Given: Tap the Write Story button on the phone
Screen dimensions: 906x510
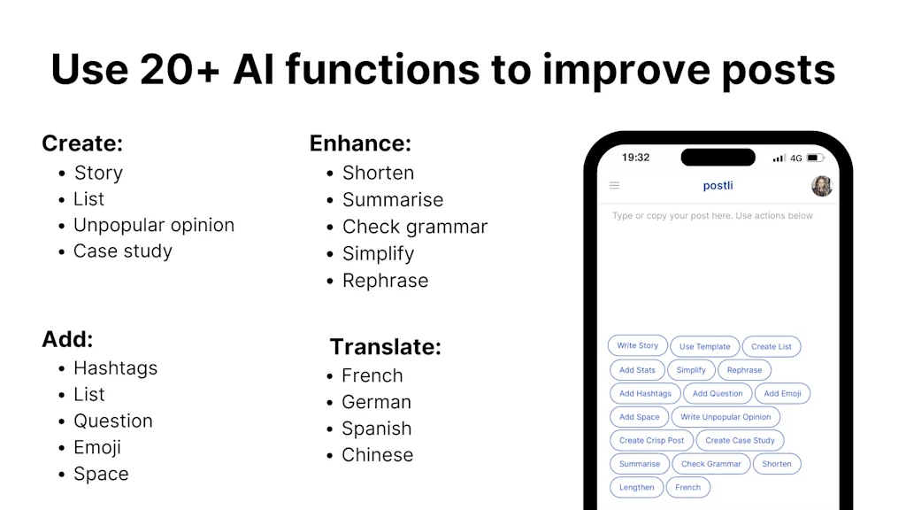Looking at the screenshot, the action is [x=637, y=346].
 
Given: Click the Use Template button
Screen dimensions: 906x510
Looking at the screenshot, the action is [x=704, y=346].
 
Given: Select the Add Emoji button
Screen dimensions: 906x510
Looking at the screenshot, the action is [x=782, y=393].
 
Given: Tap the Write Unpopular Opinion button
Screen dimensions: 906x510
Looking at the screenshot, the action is [x=726, y=417].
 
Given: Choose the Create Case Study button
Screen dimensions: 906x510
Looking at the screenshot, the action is [x=740, y=440].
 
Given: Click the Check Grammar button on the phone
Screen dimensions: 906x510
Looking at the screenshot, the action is [x=710, y=464].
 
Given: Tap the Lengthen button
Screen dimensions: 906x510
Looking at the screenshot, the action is [x=637, y=488].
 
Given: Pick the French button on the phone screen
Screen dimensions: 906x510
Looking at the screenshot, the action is [x=687, y=488].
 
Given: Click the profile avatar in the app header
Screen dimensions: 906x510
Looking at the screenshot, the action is [x=821, y=186].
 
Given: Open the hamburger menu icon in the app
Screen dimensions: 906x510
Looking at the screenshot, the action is [x=614, y=186].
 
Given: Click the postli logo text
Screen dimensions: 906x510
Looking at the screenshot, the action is [x=718, y=186].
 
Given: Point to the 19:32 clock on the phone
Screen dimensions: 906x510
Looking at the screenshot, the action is [x=635, y=158].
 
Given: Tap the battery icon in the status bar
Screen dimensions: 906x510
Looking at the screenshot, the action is [x=815, y=158].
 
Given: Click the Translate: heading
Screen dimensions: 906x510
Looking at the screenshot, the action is [x=386, y=347].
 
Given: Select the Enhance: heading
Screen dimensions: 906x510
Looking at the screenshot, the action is [x=360, y=143].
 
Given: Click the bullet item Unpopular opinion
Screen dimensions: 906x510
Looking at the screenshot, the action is [x=154, y=226].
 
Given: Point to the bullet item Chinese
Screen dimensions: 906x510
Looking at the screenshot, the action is [x=377, y=455].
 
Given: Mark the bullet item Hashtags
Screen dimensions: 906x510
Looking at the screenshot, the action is [x=116, y=368].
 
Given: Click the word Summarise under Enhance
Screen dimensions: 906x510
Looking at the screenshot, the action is [x=393, y=200].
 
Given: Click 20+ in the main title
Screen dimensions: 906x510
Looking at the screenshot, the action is [x=180, y=69].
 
